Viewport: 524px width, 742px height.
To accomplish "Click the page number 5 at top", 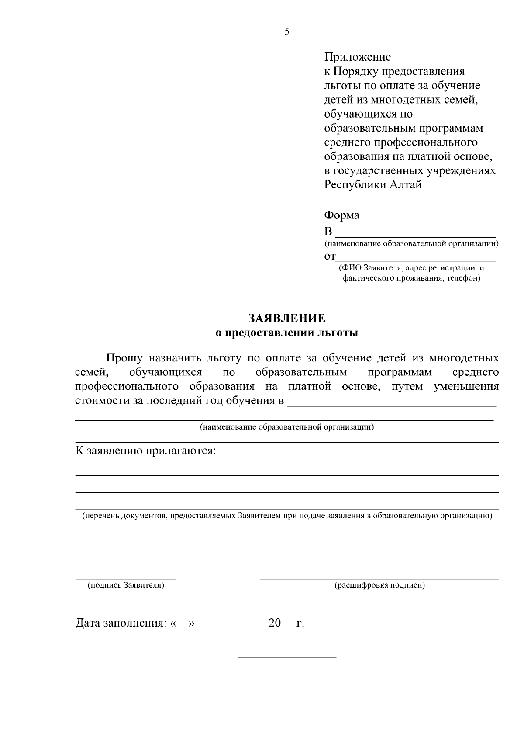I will pos(287,31).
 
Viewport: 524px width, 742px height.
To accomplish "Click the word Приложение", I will pos(357,57).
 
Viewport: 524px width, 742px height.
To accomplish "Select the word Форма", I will pos(341,215).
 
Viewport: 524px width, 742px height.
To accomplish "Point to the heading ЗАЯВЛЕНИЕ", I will pos(287,318).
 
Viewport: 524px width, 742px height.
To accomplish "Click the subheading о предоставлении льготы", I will pos(287,333).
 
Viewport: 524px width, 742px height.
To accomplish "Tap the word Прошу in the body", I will pos(125,358).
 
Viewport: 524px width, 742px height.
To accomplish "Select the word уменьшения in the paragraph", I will pos(466,387).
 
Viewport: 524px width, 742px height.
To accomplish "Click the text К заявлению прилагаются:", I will pos(146,451).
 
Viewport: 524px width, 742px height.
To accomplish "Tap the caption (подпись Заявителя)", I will pos(126,585).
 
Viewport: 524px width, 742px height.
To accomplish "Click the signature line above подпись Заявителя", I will pos(126,579).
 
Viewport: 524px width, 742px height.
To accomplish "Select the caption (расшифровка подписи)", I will pos(379,585).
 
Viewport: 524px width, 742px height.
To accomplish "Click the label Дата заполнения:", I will pos(121,623).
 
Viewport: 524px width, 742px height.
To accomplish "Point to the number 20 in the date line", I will pos(275,623).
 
